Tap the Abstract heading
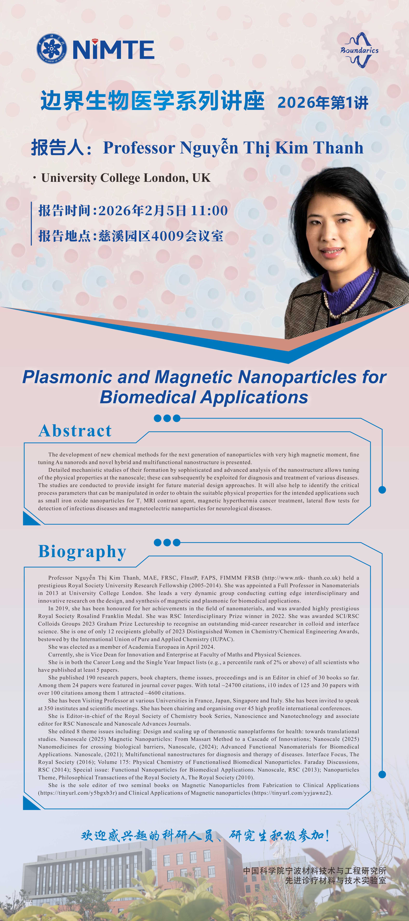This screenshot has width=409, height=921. [75, 431]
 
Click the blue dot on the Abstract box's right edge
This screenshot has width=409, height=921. [382, 490]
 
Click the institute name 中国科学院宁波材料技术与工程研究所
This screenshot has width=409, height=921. [314, 871]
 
